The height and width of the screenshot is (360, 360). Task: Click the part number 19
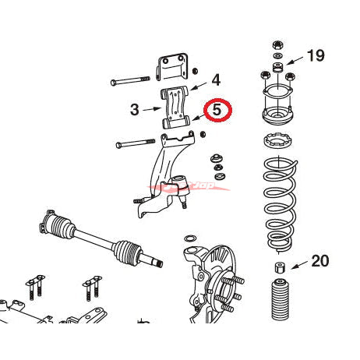[x=316, y=56]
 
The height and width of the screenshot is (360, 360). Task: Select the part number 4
[x=216, y=79]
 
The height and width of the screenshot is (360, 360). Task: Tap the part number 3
[x=134, y=110]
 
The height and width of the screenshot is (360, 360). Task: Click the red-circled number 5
[x=217, y=111]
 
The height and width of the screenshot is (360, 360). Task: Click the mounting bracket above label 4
[x=174, y=69]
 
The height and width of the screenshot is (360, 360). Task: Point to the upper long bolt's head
[x=115, y=81]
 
